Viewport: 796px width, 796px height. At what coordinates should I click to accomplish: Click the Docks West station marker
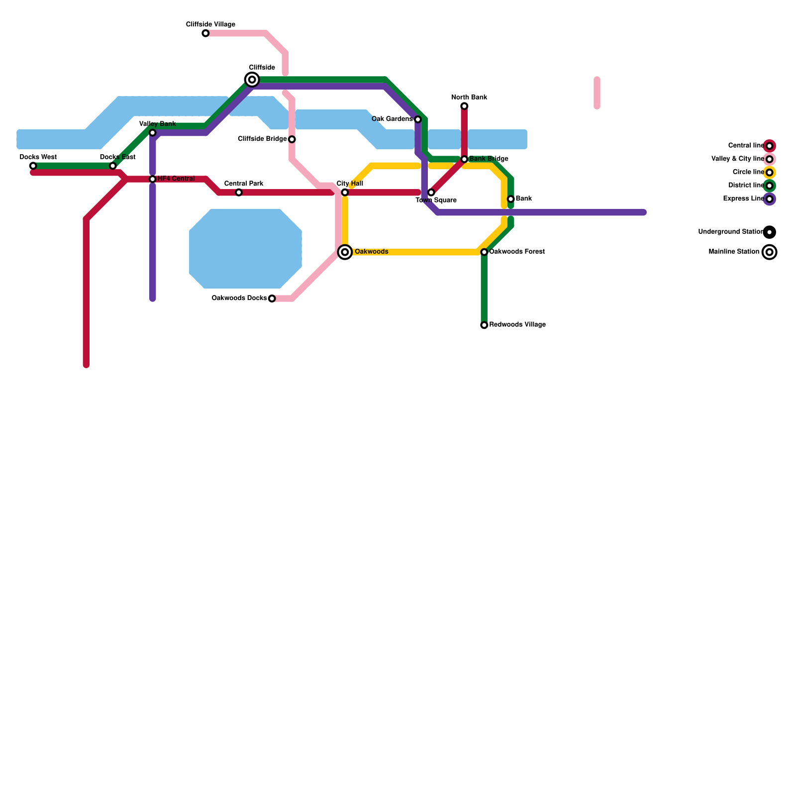33,166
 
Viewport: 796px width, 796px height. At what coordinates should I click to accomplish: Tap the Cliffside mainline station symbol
252,80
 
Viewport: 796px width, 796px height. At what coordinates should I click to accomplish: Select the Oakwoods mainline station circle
345,252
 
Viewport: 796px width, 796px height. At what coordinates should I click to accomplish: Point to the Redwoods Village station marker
484,325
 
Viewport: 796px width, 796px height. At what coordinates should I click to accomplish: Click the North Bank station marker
464,106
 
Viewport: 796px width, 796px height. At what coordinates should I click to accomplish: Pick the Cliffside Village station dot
205,33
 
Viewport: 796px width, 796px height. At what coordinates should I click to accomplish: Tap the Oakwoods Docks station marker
272,298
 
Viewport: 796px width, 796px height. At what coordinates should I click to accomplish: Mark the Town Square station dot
431,193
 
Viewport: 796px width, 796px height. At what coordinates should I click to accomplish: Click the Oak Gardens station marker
418,119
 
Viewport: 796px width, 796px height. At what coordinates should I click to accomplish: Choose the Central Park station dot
239,193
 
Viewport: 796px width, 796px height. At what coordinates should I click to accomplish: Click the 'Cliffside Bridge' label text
262,139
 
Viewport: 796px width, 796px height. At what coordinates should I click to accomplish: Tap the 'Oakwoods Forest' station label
517,252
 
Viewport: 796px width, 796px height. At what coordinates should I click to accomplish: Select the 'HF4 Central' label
176,179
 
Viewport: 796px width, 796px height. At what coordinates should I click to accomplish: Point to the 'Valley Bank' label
157,124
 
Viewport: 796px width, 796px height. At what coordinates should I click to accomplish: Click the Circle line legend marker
770,173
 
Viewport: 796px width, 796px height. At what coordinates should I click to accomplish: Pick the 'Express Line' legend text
743,199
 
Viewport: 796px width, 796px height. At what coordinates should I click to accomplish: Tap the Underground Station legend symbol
770,232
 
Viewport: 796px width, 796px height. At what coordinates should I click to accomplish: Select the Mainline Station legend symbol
770,252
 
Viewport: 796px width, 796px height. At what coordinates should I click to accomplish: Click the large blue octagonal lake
245,249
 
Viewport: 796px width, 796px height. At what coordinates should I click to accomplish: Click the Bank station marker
510,199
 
